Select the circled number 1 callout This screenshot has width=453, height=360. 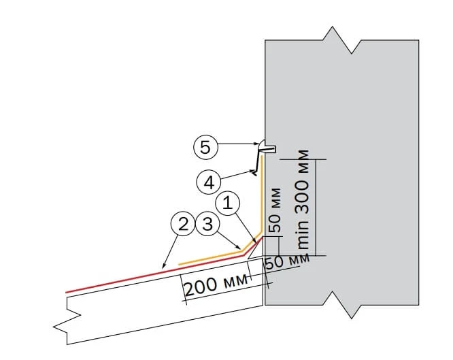pos(229,202)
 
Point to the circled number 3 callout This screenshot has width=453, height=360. pos(206,223)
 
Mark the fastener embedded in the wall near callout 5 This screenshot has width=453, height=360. pos(267,147)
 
